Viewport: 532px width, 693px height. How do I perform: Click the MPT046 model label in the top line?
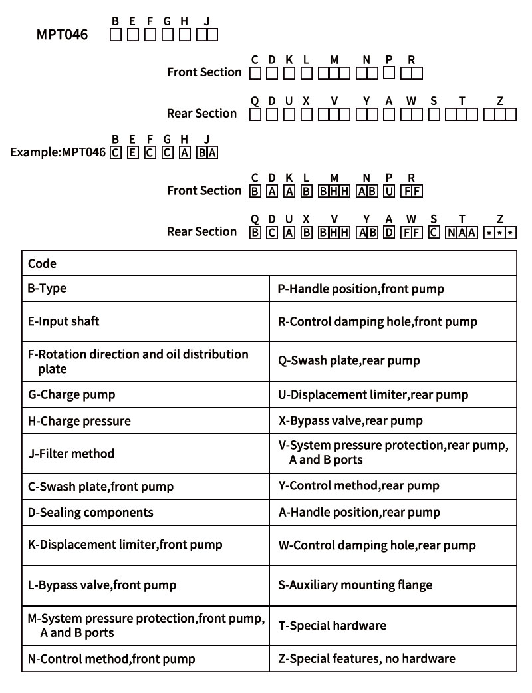[x=62, y=35]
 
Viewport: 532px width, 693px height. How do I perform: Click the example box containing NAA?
[x=462, y=233]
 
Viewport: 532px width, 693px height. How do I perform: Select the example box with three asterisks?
[x=500, y=233]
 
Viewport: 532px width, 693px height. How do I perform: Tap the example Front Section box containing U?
[x=389, y=192]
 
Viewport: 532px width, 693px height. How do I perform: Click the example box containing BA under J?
[x=207, y=152]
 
